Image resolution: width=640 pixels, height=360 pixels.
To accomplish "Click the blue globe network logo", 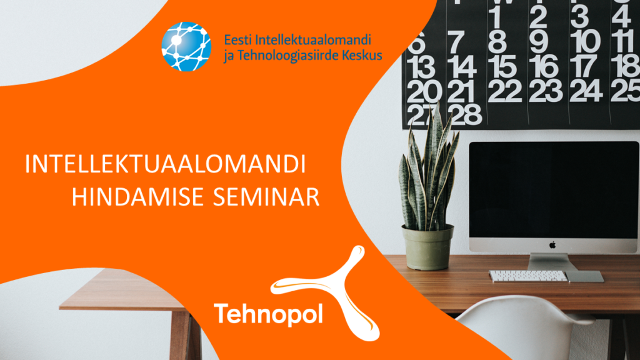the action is (186, 46).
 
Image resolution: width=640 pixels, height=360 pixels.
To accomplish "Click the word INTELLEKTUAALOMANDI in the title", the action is (165, 164).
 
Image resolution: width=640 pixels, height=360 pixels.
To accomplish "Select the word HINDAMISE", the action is (138, 197).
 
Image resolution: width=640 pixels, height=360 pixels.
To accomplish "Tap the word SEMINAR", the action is (266, 197).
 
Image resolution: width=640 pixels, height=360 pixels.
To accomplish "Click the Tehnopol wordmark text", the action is (268, 314).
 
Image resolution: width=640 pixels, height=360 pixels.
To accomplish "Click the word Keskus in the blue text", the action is (362, 55).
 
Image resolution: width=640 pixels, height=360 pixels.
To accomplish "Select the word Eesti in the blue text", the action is (237, 40).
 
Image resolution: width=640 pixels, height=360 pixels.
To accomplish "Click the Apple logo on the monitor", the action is (552, 245).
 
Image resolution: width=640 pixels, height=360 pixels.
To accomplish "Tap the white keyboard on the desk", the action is (528, 276).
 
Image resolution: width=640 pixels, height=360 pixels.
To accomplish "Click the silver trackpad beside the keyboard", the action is (584, 277).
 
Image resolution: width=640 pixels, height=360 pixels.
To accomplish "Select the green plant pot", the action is (427, 247).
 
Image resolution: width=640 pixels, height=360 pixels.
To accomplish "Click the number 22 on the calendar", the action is (505, 91).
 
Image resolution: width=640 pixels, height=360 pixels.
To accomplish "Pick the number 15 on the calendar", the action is (505, 67).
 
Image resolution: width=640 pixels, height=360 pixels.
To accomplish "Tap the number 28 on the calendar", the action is (464, 115).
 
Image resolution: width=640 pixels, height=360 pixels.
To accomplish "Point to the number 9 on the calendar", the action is (539, 42).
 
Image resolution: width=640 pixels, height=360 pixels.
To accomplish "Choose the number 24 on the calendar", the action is (586, 91).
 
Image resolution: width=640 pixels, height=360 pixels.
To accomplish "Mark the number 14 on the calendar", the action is (462, 67).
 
